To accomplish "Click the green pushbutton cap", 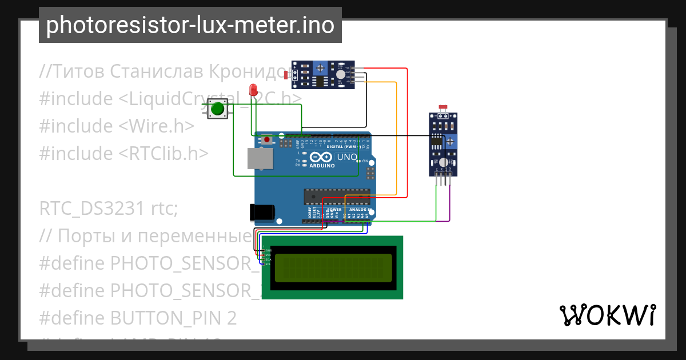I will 217,109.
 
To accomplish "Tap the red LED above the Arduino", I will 253,90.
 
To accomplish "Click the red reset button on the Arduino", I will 267,139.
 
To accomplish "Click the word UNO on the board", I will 347,157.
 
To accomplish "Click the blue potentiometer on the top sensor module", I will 321,67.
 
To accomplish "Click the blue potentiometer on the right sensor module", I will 451,141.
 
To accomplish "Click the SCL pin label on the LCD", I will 269,265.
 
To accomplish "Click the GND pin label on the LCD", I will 269,250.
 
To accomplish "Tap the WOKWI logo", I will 607,315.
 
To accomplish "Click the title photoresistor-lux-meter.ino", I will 190,25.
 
